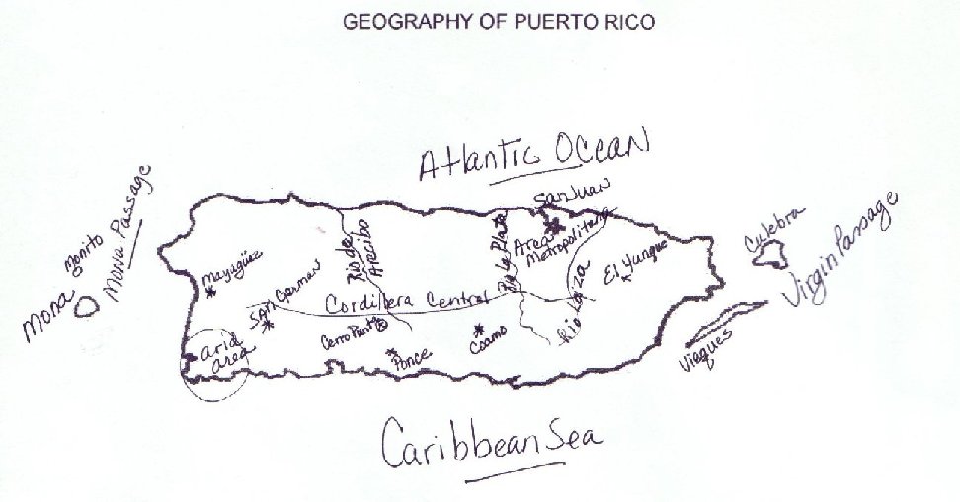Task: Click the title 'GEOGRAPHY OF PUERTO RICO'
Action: point(497,21)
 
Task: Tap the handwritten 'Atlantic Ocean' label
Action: point(534,153)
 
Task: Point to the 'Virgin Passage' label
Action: point(843,251)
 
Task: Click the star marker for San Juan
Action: point(551,223)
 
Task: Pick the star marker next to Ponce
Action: point(393,352)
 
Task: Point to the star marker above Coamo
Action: point(479,329)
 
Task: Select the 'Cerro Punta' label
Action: point(349,337)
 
